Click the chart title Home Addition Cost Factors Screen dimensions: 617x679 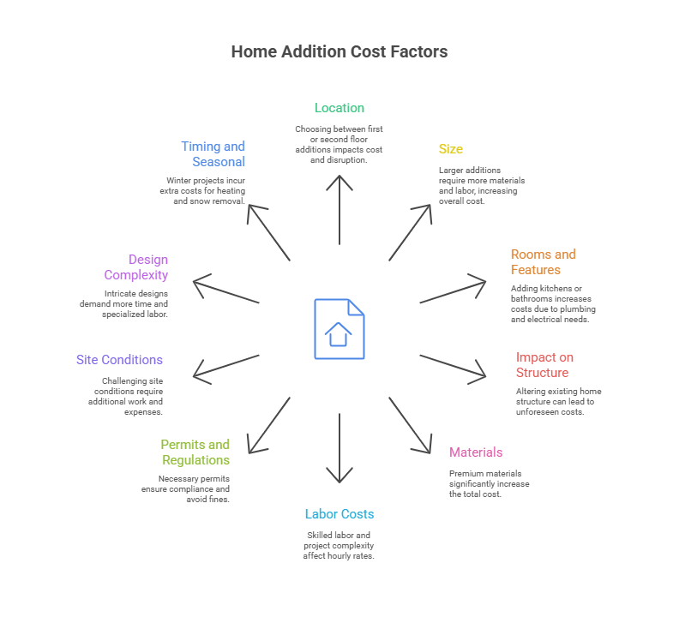point(339,51)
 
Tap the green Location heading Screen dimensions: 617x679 point(339,108)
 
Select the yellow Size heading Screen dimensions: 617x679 point(450,149)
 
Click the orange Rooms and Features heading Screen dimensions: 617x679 point(544,262)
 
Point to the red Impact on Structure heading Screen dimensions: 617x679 point(544,365)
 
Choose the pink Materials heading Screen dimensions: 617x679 point(476,452)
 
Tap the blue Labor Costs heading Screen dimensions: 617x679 point(339,514)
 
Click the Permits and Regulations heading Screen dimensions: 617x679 point(195,452)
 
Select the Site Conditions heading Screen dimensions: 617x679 point(119,360)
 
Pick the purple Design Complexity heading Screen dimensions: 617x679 point(136,267)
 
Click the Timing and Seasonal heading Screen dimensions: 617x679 point(213,154)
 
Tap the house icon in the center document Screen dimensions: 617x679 point(339,332)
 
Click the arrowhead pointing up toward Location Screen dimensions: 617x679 point(339,181)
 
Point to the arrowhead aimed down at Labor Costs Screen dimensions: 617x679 point(339,476)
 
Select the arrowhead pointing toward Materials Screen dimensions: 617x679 point(424,446)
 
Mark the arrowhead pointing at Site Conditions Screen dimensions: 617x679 point(199,374)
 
